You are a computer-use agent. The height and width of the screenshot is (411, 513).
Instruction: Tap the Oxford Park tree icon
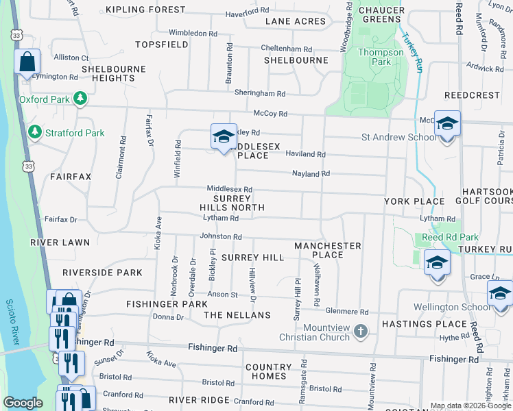pos(81,99)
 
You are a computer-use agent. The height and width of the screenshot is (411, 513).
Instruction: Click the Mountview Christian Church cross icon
pos(361,332)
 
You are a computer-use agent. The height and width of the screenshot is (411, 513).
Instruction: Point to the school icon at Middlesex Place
pos(223,136)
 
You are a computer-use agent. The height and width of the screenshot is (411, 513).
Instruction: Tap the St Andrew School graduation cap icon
pos(446,124)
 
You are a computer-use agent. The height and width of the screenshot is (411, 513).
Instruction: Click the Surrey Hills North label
pos(232,203)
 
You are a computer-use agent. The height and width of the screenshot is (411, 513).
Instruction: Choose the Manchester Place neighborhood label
pos(327,250)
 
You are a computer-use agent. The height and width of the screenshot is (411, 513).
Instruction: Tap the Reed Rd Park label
pos(449,237)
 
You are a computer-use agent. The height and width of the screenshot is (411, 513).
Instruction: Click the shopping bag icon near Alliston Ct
pos(27,62)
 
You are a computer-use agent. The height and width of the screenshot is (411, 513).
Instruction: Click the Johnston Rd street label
pos(221,236)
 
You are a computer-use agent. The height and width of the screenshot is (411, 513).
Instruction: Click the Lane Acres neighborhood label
pos(296,21)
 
